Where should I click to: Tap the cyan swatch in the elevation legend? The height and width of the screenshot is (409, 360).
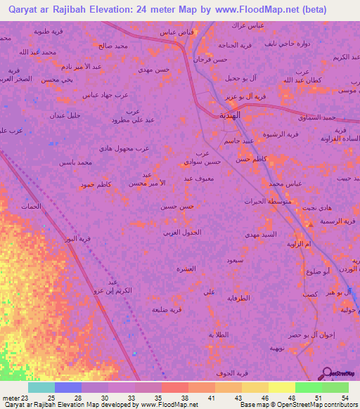[41, 387]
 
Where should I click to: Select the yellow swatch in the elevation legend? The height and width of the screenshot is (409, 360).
[282, 387]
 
